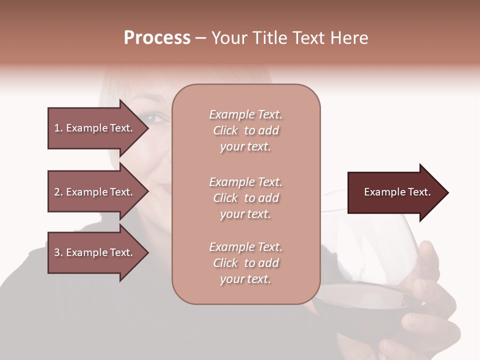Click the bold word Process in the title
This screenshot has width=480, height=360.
[157, 38]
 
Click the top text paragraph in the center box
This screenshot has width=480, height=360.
[245, 130]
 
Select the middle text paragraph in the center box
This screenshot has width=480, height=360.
[245, 198]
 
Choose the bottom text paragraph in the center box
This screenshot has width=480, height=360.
[245, 263]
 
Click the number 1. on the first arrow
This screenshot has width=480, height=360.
[58, 128]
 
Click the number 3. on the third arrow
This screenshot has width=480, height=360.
[58, 252]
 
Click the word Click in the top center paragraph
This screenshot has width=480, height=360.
[225, 130]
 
